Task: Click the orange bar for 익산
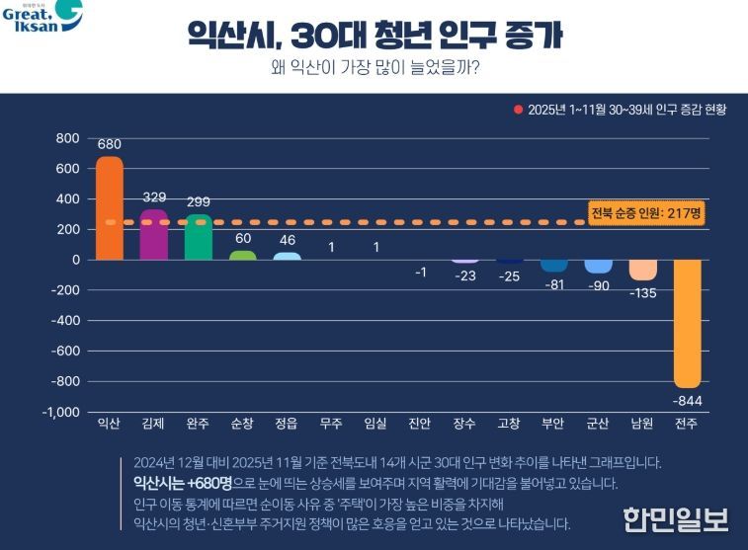[110, 208]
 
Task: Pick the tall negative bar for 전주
[688, 323]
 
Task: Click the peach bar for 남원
[643, 270]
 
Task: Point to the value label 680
[110, 144]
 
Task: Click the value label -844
[688, 400]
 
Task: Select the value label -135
[643, 292]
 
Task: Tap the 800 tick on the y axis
[67, 138]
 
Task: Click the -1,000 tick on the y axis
[61, 412]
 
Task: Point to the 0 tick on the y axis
[74, 260]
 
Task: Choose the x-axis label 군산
[598, 424]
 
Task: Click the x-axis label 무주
[331, 424]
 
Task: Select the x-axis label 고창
[509, 424]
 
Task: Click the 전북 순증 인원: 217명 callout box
[645, 213]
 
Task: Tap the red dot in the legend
[518, 110]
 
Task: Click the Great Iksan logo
[42, 18]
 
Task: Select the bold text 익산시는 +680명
[176, 483]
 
